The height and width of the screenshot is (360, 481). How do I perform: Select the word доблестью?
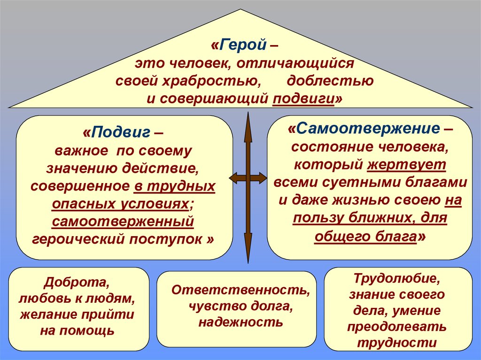(330, 81)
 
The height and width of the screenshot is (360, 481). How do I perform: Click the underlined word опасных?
(84, 204)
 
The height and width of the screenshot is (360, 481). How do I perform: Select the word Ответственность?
(240, 290)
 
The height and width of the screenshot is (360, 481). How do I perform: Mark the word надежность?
(240, 322)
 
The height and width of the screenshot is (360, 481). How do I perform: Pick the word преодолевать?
(397, 327)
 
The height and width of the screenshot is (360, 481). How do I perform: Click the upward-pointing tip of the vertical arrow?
(248, 115)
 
